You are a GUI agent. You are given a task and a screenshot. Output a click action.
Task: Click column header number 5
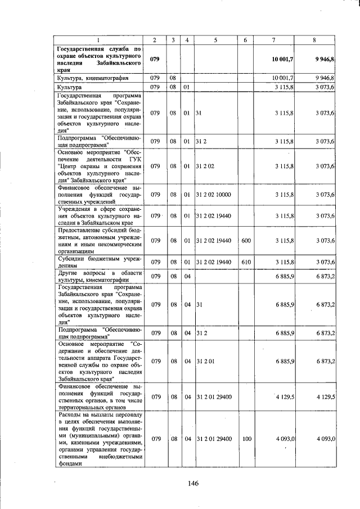pos(216,39)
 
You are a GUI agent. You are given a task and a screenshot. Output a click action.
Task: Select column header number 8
pos(314,39)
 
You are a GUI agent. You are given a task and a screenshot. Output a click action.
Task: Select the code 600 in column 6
pos(246,241)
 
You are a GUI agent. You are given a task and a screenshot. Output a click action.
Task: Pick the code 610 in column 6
pos(246,262)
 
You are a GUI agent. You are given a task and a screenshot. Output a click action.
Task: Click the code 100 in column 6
pos(246,438)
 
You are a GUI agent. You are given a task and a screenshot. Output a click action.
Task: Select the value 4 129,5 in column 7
pos(285,397)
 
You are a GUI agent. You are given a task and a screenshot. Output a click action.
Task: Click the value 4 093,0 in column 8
pos(326,438)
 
